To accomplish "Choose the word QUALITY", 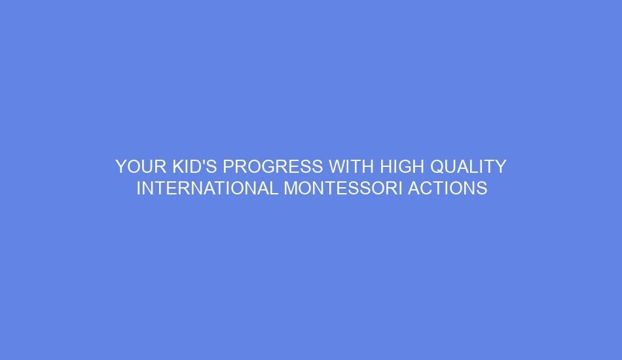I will (x=469, y=167).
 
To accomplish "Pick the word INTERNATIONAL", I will (x=207, y=189).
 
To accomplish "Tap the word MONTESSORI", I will (x=344, y=189).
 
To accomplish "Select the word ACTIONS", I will (x=448, y=189).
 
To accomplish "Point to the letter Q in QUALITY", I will (x=439, y=167).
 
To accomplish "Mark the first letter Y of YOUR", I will (x=121, y=167).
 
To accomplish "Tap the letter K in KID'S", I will (x=179, y=167).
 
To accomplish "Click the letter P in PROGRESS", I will (x=229, y=167).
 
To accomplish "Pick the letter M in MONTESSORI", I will (x=291, y=189).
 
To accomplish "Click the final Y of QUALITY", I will (x=500, y=167).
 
